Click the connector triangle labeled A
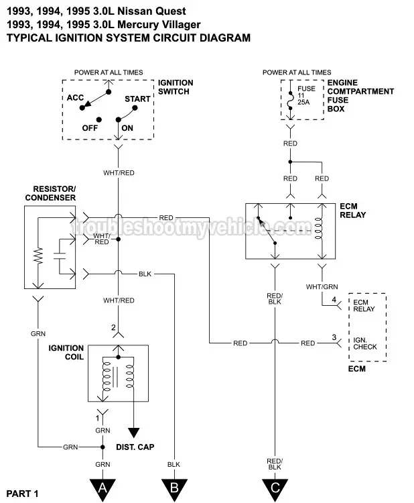pyautogui.click(x=102, y=487)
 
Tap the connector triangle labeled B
pyautogui.click(x=173, y=487)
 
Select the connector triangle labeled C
pyautogui.click(x=273, y=487)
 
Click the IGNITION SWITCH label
pyautogui.click(x=176, y=87)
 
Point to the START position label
pyautogui.click(x=137, y=99)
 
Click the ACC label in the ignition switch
pyautogui.click(x=75, y=98)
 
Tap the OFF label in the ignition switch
pyautogui.click(x=90, y=127)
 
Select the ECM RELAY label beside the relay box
pyautogui.click(x=353, y=211)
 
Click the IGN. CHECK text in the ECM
pyautogui.click(x=365, y=343)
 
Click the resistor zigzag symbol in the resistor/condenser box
pyautogui.click(x=38, y=255)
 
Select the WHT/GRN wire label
pyautogui.click(x=322, y=286)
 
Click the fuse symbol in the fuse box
pyautogui.click(x=289, y=98)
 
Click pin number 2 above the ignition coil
pyautogui.click(x=114, y=327)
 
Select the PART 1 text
pyautogui.click(x=22, y=494)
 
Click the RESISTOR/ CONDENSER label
pyautogui.click(x=50, y=194)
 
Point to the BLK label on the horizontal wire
pyautogui.click(x=145, y=274)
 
